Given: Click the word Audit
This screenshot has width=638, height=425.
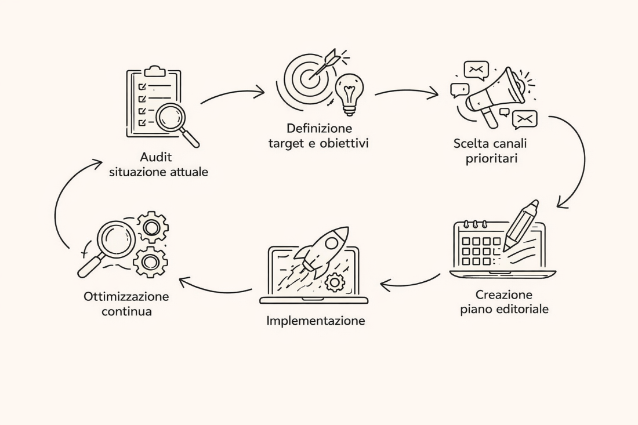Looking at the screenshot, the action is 156,157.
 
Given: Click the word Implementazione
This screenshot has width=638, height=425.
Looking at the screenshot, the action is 316,320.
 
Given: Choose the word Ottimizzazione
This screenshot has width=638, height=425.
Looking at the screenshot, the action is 126,296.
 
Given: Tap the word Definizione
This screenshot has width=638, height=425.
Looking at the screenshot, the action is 318,128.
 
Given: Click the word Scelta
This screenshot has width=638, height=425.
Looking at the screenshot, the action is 470,143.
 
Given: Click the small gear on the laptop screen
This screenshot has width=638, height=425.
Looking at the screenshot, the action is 335,282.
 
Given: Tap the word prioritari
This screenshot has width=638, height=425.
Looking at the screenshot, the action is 491,158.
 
